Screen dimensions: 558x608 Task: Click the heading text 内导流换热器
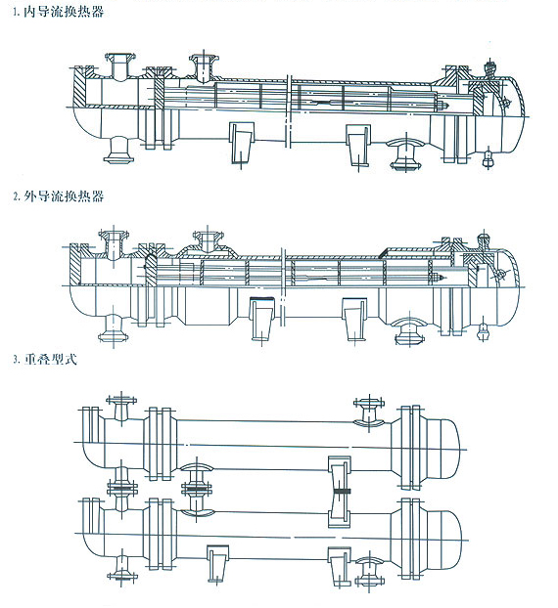[64, 12]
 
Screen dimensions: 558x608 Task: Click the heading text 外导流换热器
[64, 196]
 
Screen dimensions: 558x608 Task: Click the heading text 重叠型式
[51, 359]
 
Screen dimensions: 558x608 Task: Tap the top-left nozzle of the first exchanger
[120, 65]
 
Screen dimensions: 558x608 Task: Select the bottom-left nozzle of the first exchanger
[118, 150]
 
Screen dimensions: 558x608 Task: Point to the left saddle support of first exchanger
[242, 143]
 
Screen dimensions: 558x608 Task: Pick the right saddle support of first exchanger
[358, 145]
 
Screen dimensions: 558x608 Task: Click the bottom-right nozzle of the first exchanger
[406, 154]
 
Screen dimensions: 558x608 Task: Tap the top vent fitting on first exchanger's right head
[490, 68]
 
